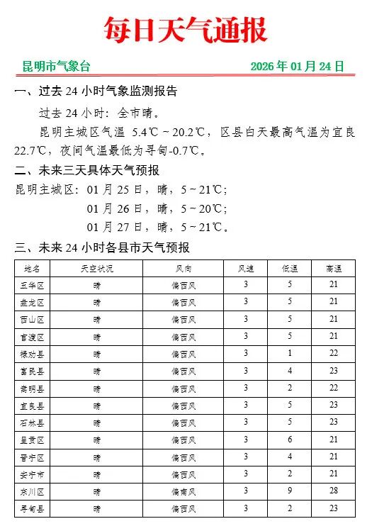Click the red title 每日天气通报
click(186, 30)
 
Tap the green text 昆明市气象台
click(57, 67)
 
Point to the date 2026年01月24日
click(297, 67)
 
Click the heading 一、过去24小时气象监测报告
click(96, 91)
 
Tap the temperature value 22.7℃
click(33, 151)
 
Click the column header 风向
click(184, 268)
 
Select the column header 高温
click(334, 268)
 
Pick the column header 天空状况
click(96, 268)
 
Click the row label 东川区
click(33, 491)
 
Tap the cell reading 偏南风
click(184, 491)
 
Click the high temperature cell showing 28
click(334, 491)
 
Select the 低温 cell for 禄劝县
click(289, 353)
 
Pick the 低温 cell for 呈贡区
click(289, 439)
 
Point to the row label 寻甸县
click(33, 508)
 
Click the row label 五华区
click(33, 285)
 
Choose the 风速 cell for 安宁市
click(246, 474)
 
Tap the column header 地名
click(33, 268)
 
